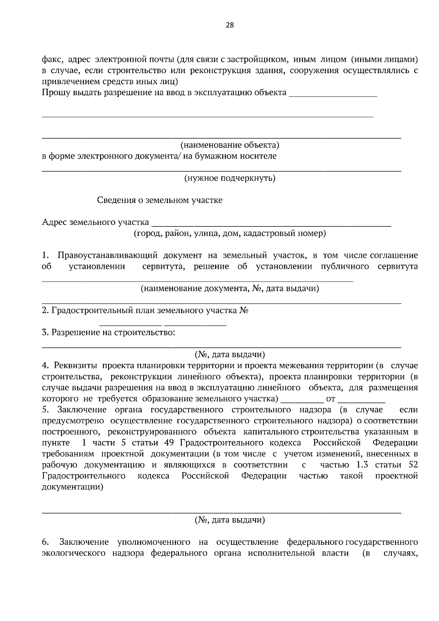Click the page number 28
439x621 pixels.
point(230,25)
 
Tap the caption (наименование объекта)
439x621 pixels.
point(230,145)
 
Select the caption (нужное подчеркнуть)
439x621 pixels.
point(230,178)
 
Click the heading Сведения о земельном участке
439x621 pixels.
point(160,200)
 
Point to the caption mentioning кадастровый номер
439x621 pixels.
point(230,233)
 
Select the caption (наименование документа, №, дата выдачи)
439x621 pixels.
point(230,289)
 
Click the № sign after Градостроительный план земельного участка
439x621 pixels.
point(244,311)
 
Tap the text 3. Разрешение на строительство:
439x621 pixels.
point(108,332)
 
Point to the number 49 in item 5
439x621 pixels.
point(169,443)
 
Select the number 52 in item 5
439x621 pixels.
point(412,465)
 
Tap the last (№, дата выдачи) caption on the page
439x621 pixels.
point(230,520)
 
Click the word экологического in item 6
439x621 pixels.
point(74,553)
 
